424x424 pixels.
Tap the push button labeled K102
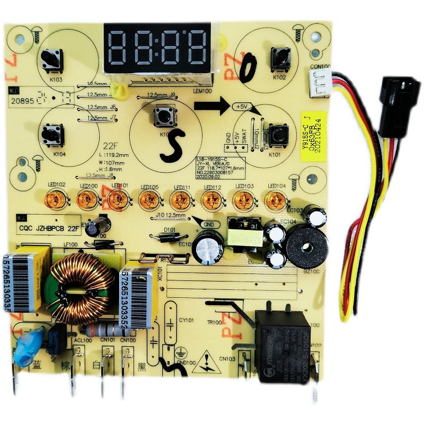pyautogui.click(x=279, y=57)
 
